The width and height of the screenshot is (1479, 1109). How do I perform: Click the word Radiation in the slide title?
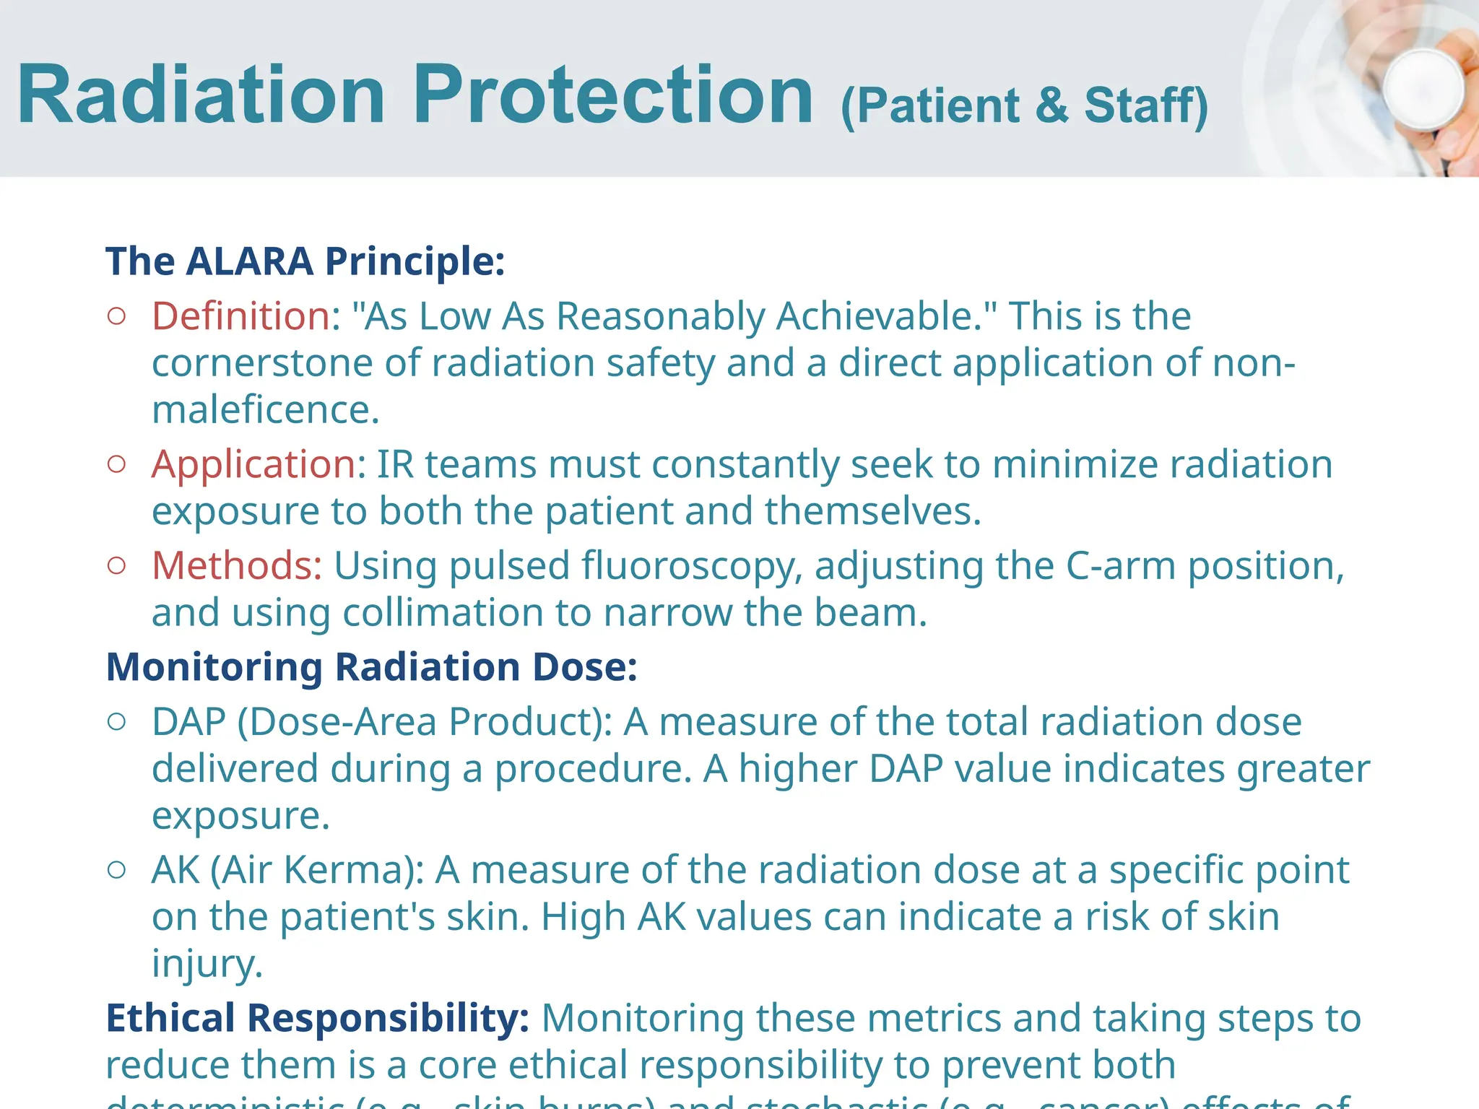(201, 95)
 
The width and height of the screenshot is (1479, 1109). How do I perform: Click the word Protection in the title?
(613, 95)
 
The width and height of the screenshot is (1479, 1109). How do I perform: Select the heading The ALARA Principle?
(305, 261)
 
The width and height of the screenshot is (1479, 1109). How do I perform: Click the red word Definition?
(241, 316)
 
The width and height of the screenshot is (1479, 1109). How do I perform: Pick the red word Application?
(253, 464)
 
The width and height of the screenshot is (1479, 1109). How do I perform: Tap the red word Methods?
(236, 565)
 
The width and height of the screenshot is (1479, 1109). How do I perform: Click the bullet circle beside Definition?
(116, 316)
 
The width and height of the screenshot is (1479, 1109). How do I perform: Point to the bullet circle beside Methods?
(116, 565)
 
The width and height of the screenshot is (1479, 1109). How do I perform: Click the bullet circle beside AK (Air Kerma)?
(116, 869)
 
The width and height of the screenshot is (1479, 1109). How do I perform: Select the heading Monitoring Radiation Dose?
(371, 666)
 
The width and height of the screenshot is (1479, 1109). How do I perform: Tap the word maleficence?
(265, 409)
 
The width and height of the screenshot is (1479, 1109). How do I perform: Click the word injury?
(207, 963)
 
